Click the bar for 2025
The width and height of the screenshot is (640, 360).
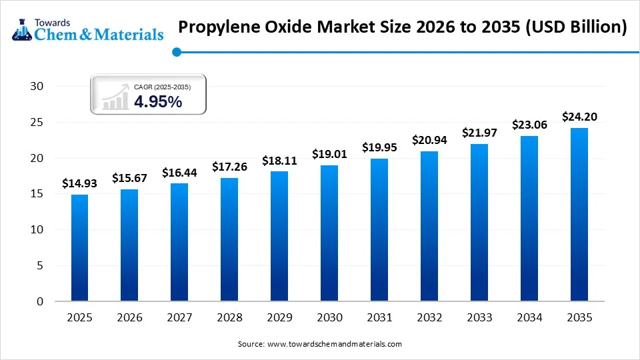(x=79, y=247)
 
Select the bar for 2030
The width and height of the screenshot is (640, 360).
(x=329, y=233)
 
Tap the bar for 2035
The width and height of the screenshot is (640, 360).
(x=579, y=214)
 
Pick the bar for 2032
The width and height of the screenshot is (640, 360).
(x=429, y=226)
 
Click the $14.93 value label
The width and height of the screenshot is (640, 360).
(x=79, y=183)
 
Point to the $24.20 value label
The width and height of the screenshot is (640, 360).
(x=579, y=117)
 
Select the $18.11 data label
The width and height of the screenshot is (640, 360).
(x=279, y=161)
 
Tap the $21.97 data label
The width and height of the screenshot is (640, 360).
(x=479, y=133)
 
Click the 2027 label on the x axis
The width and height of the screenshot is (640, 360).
(x=179, y=318)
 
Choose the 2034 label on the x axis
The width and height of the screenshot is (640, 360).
(x=529, y=318)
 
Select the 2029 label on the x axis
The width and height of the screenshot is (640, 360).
(x=279, y=318)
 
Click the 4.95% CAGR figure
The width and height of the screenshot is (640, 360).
(x=158, y=101)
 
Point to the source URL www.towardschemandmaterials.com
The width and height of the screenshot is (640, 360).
(x=334, y=344)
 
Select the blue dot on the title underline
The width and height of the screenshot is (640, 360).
(x=176, y=52)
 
